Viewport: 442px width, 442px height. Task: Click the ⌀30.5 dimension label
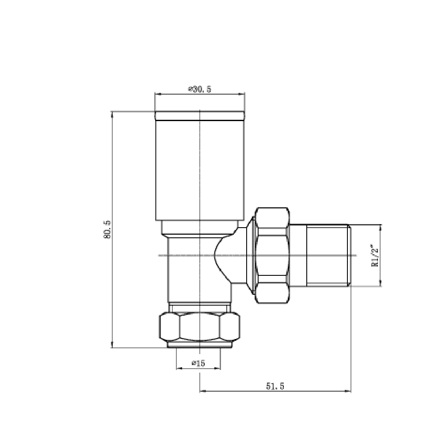(200, 89)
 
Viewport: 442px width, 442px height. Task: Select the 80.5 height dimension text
(106, 230)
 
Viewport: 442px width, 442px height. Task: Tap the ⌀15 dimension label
(198, 363)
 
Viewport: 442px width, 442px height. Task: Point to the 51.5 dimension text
(274, 386)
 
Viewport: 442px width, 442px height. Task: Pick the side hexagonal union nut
(272, 255)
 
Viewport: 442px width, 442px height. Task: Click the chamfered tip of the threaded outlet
(349, 255)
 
